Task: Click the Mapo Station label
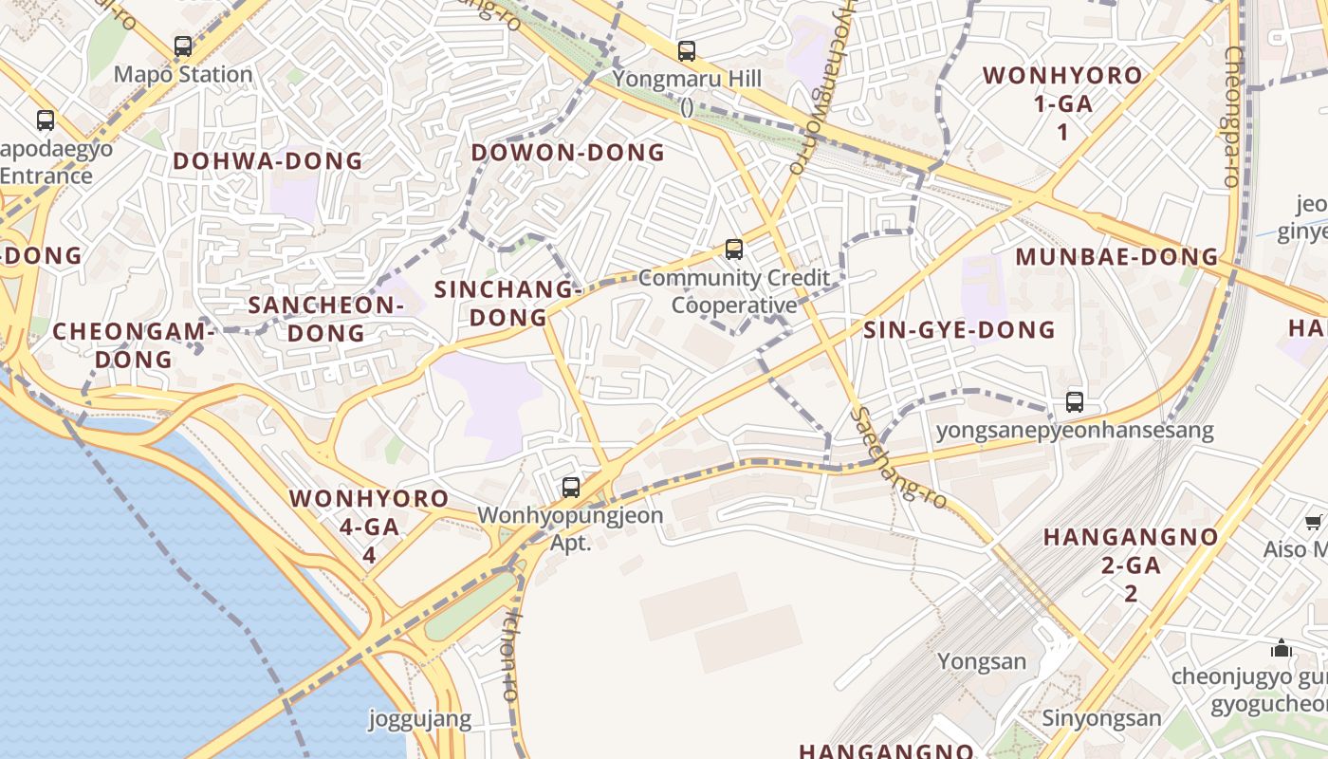pos(183,74)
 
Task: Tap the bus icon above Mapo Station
pos(183,46)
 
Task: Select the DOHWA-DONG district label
pos(267,161)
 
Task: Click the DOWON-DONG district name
pos(568,153)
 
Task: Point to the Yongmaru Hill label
pos(687,79)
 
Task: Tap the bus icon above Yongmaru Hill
pos(687,51)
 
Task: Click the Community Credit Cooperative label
pos(734,291)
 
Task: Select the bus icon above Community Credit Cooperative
pos(733,250)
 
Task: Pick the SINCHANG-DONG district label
pos(508,304)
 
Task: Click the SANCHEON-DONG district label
pos(326,319)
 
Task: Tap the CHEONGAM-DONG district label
pos(134,345)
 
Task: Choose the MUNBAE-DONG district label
pos(1116,257)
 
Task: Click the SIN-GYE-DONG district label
pos(959,330)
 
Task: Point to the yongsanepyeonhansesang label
pos(1075,430)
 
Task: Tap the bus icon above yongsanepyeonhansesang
pos(1075,401)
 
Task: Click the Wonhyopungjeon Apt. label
pos(570,528)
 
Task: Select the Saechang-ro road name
pos(898,458)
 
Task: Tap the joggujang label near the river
pos(419,718)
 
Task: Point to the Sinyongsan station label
pos(1101,717)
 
